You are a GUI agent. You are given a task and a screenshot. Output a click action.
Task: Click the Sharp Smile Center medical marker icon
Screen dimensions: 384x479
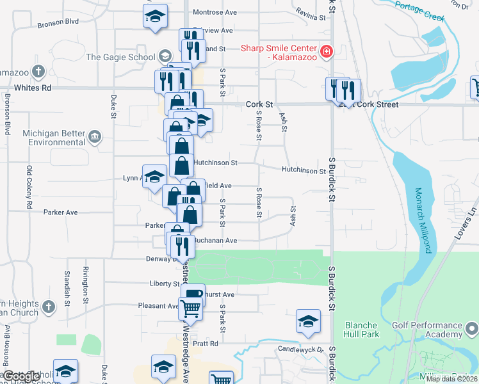(327, 51)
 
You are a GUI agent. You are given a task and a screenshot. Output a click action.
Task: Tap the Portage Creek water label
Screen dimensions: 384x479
(419, 12)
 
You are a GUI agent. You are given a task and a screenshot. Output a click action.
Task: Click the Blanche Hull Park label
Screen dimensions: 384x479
(362, 330)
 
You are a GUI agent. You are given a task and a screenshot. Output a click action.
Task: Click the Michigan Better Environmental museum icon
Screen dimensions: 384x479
(95, 136)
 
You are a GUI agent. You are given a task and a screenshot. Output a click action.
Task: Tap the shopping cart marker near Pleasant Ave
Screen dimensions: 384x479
(191, 309)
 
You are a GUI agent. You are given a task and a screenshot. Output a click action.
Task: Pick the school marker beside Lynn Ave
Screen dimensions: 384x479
(154, 177)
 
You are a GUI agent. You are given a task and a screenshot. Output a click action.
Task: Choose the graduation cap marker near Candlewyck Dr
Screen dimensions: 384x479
(308, 321)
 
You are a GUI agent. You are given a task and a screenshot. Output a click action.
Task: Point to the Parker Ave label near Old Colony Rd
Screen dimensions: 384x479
(60, 212)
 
